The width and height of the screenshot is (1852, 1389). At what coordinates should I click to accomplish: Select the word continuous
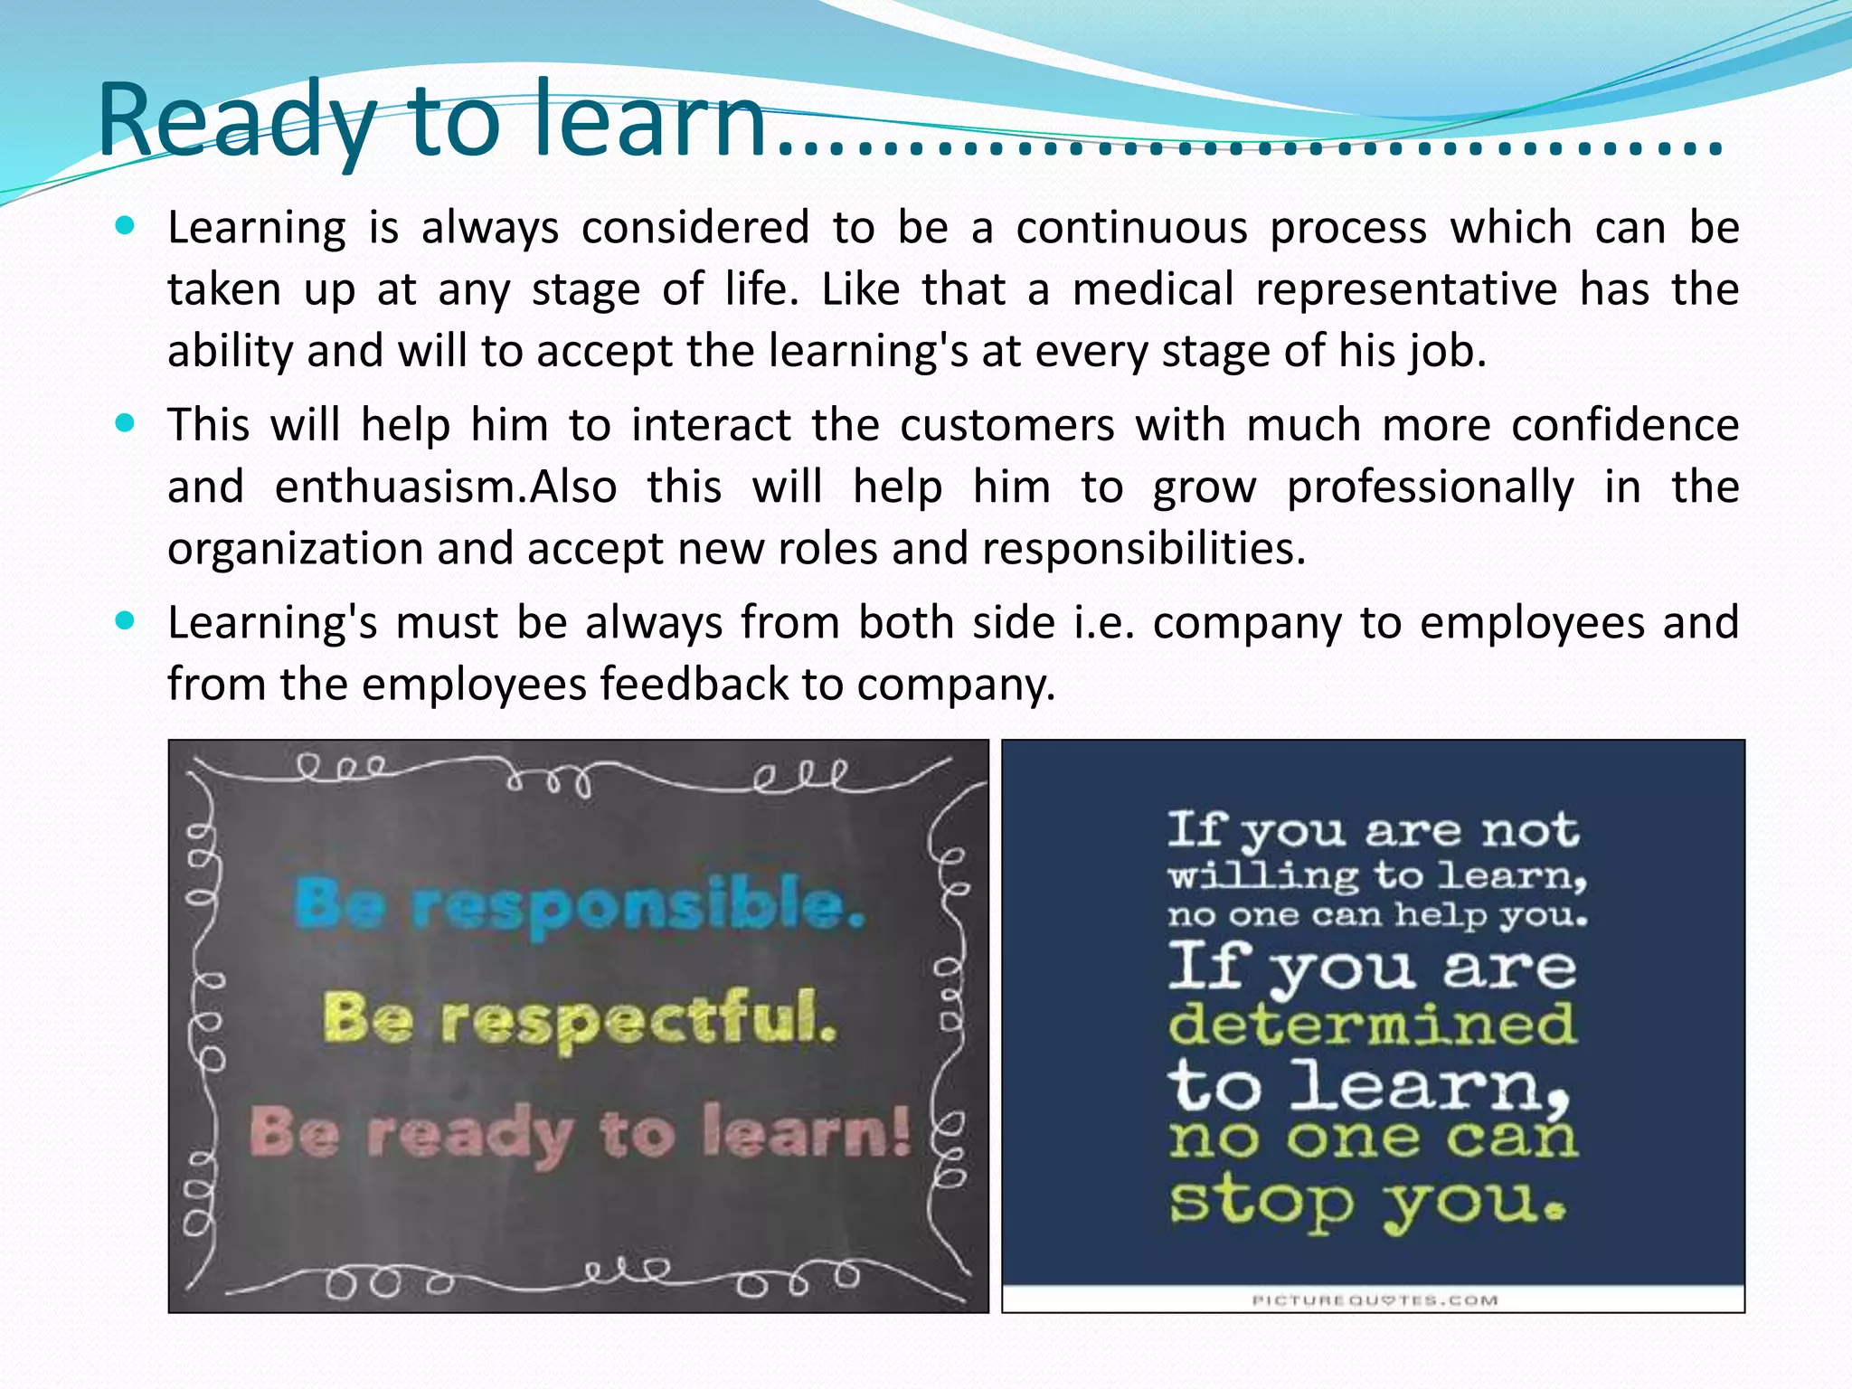click(1131, 228)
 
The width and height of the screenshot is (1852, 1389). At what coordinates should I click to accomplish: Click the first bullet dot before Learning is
click(126, 224)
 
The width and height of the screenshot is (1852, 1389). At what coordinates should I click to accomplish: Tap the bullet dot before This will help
click(126, 422)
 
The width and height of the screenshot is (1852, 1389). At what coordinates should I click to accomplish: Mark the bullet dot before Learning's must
click(126, 620)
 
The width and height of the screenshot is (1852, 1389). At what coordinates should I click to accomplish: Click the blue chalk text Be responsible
click(580, 904)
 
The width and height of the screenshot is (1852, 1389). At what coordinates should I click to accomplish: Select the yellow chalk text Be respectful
click(580, 1019)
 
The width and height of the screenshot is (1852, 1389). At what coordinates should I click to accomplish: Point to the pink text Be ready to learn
click(580, 1133)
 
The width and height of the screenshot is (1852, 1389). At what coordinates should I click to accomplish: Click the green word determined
click(1372, 1025)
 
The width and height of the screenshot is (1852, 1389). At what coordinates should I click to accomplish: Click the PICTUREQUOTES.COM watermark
click(1374, 1300)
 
